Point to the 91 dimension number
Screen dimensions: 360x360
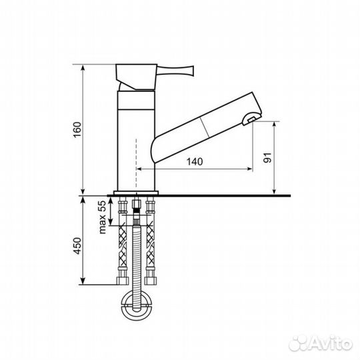[x=268, y=158]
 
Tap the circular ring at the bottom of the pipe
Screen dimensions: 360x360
[x=137, y=309]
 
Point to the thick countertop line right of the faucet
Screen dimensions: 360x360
[x=227, y=196]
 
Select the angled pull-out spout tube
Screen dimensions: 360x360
[x=203, y=127]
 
